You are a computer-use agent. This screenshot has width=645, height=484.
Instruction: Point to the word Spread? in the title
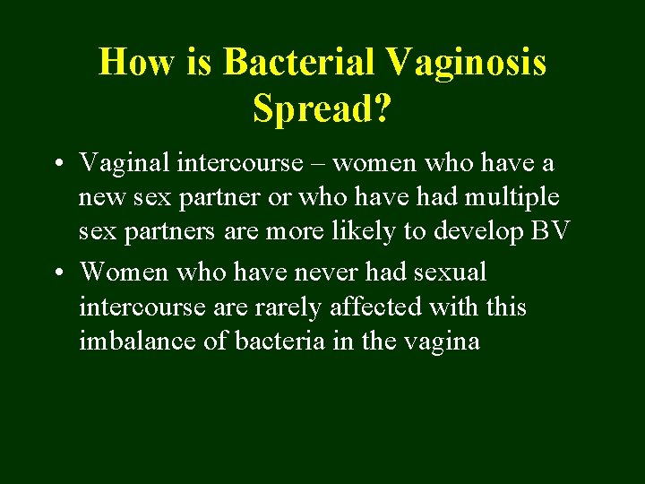(322, 108)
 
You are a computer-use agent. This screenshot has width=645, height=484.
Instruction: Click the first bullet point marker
(56, 164)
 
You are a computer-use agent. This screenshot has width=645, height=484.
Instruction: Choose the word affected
(376, 307)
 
